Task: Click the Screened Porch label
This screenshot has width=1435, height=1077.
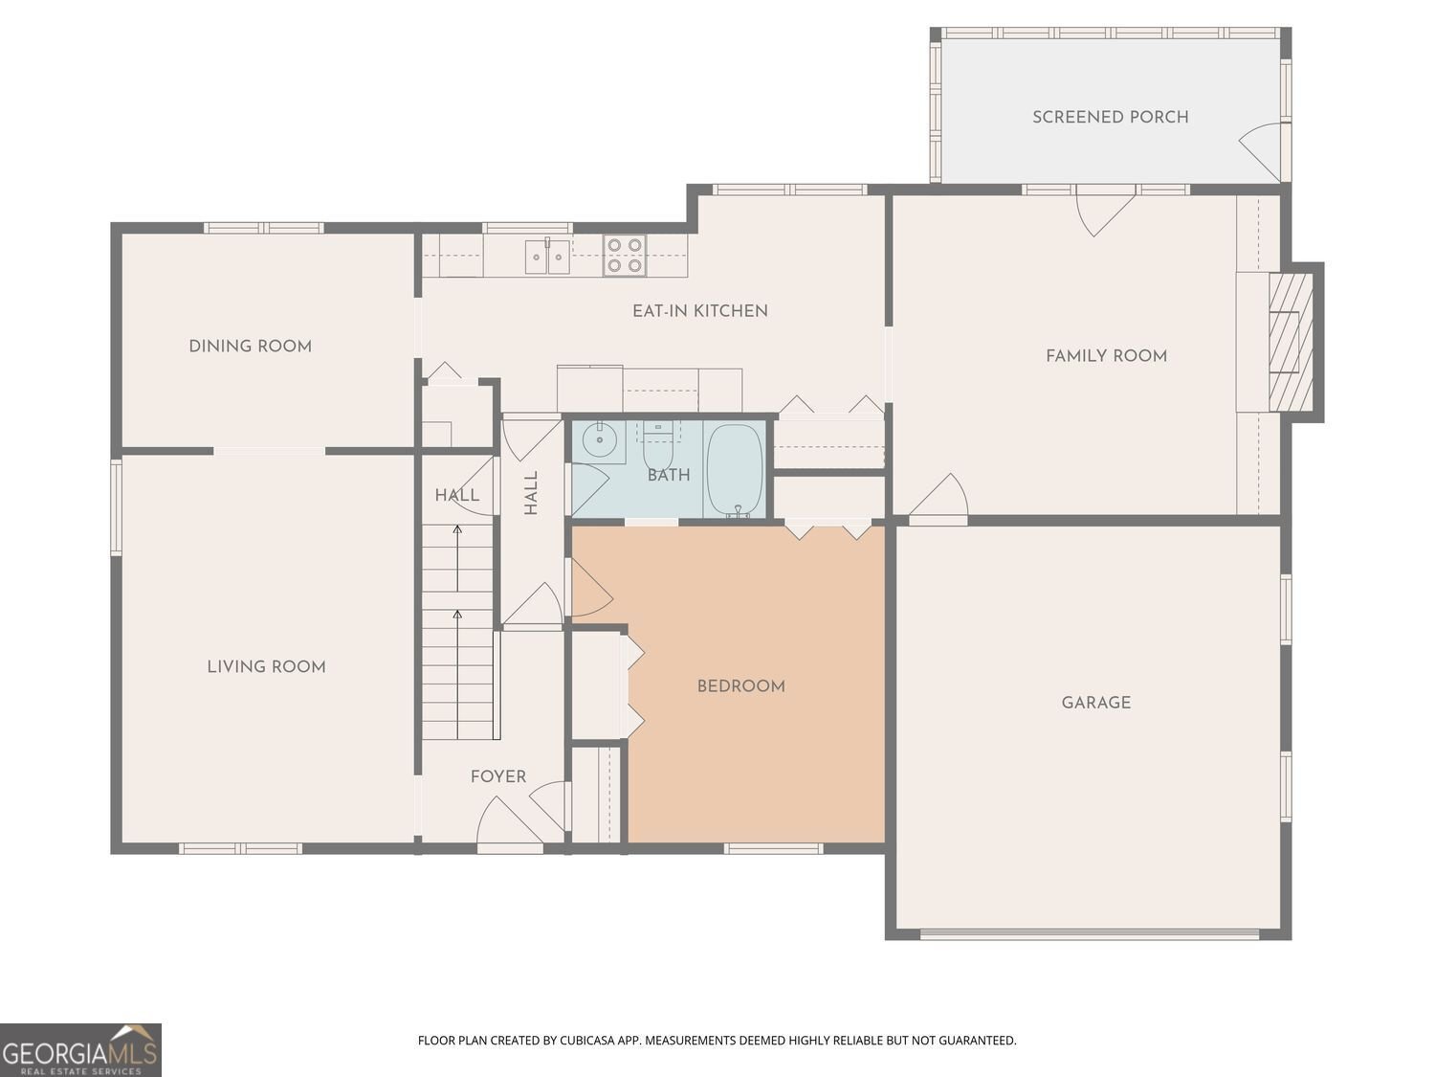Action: coord(1110,117)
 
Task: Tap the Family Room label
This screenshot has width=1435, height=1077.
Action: coord(1106,356)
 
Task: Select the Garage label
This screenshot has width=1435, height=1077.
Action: coord(1095,703)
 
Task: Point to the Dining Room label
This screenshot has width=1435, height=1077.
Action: coord(251,346)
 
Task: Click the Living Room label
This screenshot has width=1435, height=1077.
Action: coord(266,666)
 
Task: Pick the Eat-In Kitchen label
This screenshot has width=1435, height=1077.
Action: coord(699,310)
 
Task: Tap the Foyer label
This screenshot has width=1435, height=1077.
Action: coord(498,776)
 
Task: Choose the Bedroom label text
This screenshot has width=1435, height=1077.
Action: coord(740,686)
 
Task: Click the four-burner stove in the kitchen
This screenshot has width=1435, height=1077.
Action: coord(625,255)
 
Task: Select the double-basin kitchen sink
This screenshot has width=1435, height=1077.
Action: coord(547,257)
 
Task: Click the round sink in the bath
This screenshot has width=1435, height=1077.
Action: coord(599,439)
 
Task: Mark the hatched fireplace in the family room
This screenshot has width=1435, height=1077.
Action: coord(1291,342)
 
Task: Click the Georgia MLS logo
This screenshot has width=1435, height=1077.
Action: coord(80,1050)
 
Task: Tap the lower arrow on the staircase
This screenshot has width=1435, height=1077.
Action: coord(457,674)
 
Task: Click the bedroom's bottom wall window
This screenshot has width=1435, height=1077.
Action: coord(773,849)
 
